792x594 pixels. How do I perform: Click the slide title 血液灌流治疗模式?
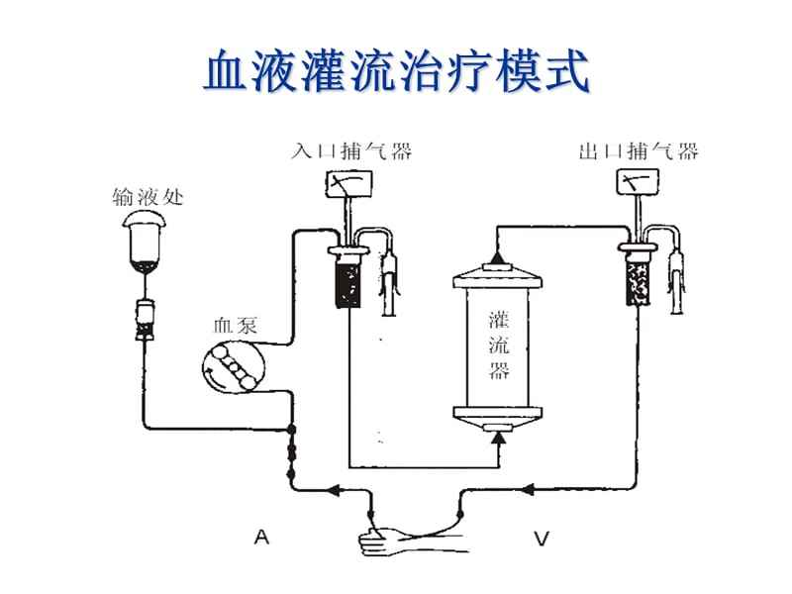coord(395,73)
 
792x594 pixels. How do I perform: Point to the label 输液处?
coord(148,197)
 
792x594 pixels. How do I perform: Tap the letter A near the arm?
coord(261,537)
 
